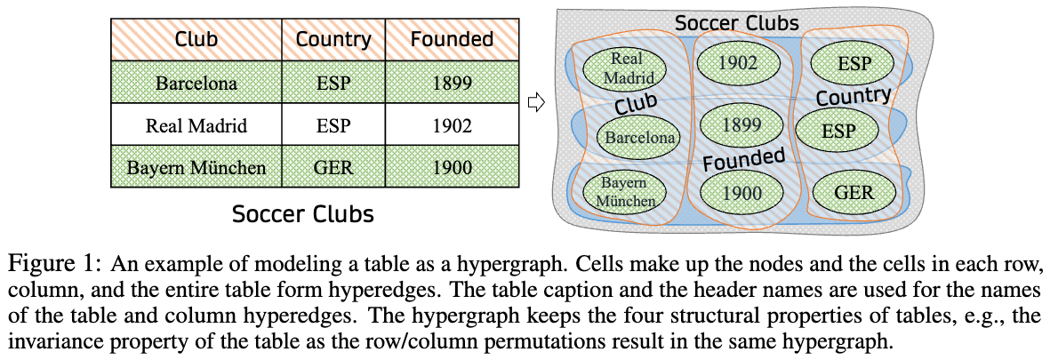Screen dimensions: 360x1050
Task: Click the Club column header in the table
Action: click(x=196, y=39)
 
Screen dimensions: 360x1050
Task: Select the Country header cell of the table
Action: click(x=333, y=39)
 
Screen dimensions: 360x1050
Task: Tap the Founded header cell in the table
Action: click(x=452, y=39)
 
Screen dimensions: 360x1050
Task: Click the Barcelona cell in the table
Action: click(x=196, y=83)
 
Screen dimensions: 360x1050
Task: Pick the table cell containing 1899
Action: click(x=452, y=83)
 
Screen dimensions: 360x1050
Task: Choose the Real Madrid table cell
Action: click(x=196, y=125)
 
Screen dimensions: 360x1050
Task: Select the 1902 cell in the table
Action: click(x=452, y=125)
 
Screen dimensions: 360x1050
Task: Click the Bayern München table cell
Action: click(x=196, y=167)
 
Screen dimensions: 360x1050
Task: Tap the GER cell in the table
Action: click(x=333, y=167)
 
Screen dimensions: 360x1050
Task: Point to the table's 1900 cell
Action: click(x=452, y=167)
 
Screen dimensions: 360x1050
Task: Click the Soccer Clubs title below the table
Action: click(x=302, y=214)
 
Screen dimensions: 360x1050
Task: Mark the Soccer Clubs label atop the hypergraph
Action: click(x=737, y=23)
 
